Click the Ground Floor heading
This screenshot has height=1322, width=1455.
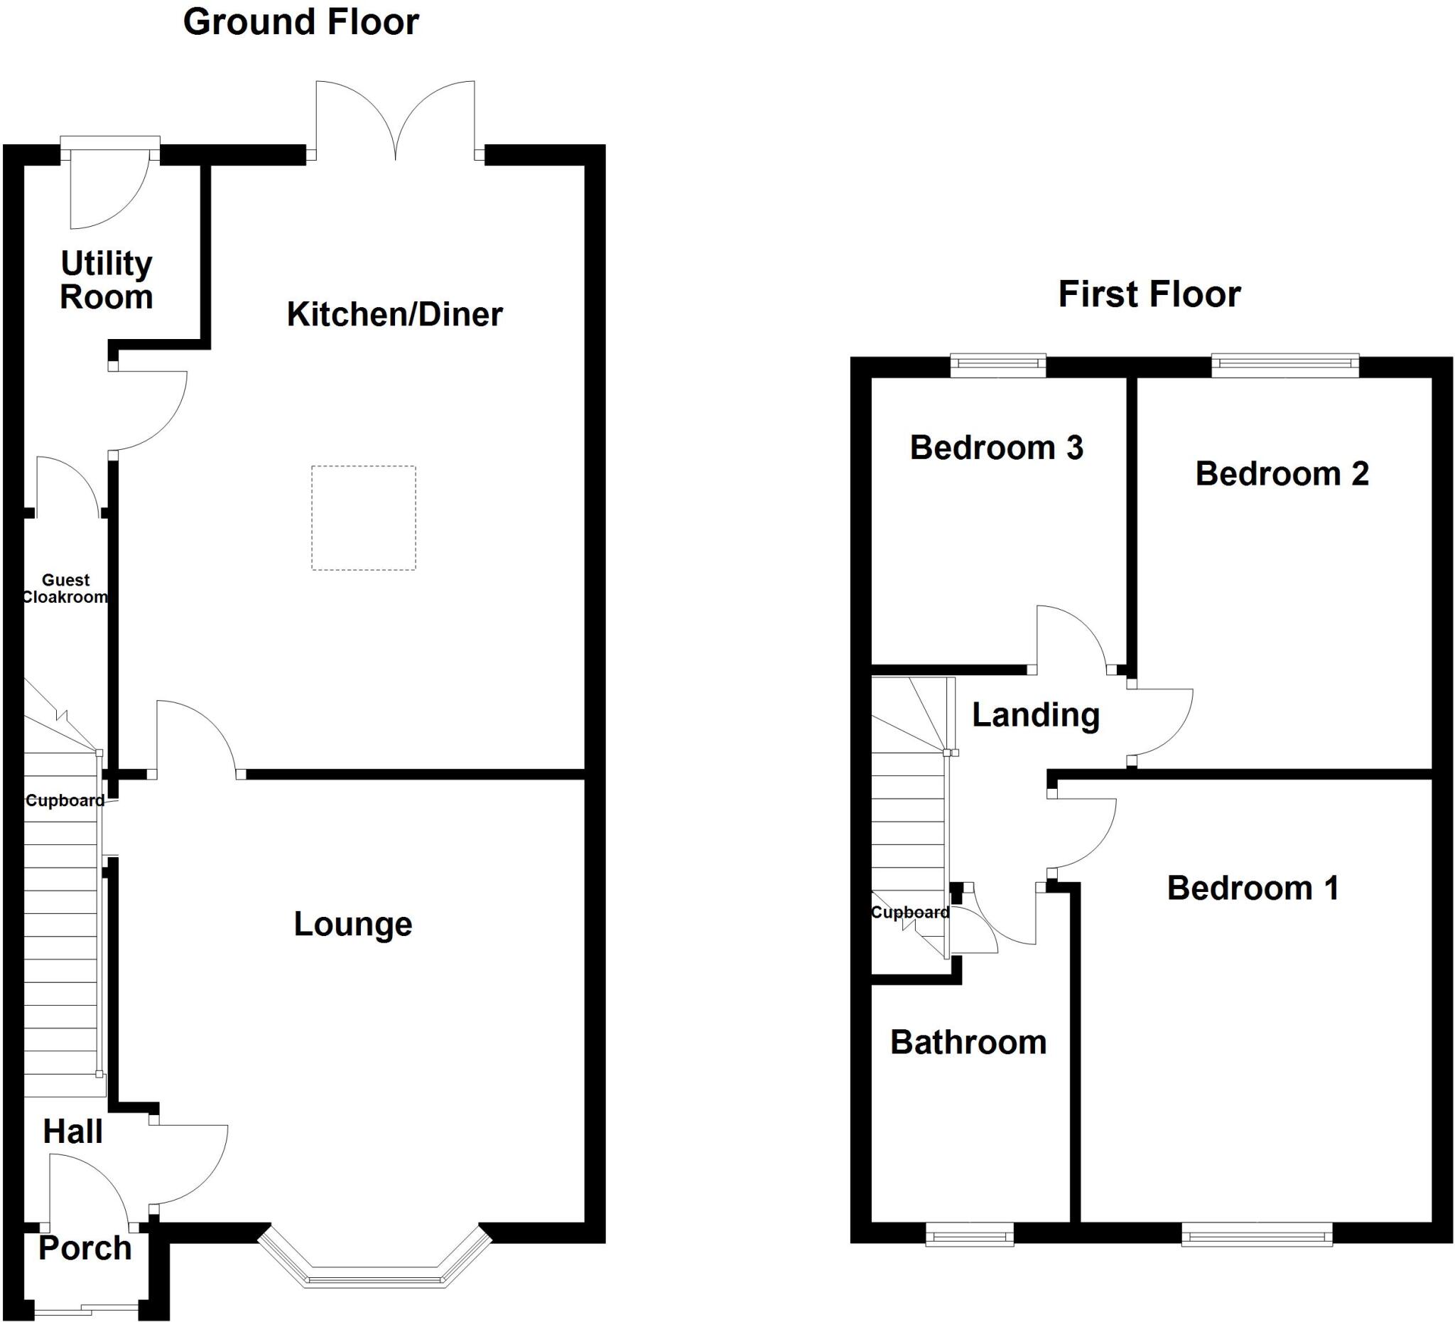tap(301, 22)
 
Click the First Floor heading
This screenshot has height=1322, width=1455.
tap(1149, 294)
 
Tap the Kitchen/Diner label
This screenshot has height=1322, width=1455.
tap(395, 314)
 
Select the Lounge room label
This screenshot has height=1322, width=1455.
tap(353, 924)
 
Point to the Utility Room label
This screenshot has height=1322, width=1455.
tap(106, 280)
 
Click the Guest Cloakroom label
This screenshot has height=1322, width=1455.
tap(65, 589)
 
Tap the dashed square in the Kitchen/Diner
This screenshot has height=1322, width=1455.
tap(364, 517)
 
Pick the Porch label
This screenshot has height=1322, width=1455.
tap(85, 1247)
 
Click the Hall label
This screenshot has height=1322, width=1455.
tap(72, 1132)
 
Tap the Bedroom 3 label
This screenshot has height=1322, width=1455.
tap(996, 448)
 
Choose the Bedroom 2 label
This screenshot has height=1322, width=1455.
tap(1282, 473)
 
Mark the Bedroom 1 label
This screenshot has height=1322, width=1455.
tap(1253, 888)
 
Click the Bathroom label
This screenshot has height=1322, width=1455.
tap(968, 1043)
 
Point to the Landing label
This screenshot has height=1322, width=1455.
tap(1036, 715)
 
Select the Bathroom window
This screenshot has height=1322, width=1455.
tap(969, 1235)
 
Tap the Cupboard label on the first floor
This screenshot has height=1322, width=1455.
tap(910, 913)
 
